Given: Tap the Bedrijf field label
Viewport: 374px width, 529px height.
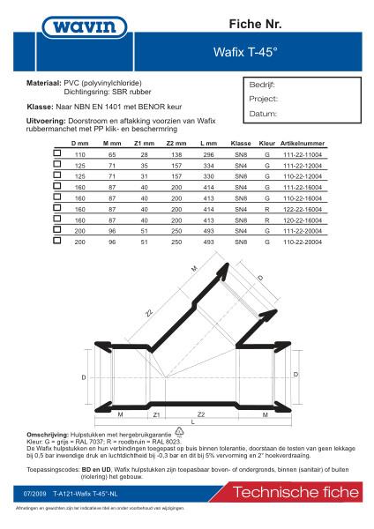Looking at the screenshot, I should click(x=264, y=86).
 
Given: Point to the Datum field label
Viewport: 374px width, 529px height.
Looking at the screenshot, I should click(x=264, y=114).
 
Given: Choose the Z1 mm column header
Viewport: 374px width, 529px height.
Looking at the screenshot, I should click(x=142, y=142).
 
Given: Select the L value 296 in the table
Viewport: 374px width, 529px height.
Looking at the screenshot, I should click(x=208, y=153).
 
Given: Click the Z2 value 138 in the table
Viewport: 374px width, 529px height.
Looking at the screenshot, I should click(x=176, y=153).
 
